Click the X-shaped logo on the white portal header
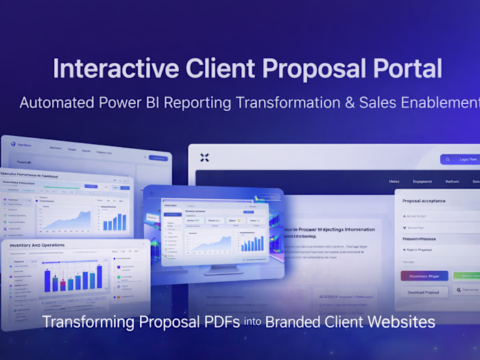204,158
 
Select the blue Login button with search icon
461,159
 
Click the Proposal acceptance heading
424,201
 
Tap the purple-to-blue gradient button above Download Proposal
424,276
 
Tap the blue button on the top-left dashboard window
158,158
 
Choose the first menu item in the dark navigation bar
394,182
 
